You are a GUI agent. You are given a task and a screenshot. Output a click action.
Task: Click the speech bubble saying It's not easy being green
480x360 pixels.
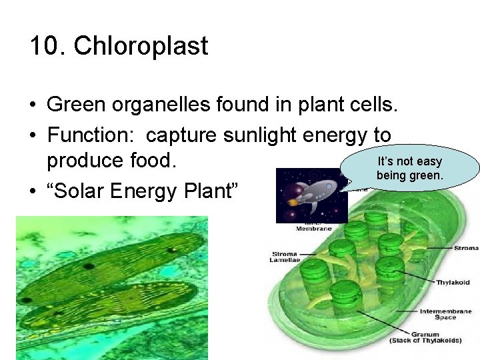tap(409, 168)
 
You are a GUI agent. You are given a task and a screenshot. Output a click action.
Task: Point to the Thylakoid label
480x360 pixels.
tap(453, 283)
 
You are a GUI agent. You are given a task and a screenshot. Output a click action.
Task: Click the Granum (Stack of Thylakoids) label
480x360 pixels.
tap(425, 337)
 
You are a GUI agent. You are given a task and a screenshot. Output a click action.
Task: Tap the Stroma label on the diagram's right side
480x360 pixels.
tap(465, 249)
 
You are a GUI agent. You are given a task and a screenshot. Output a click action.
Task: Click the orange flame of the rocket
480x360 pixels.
tap(291, 203)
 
